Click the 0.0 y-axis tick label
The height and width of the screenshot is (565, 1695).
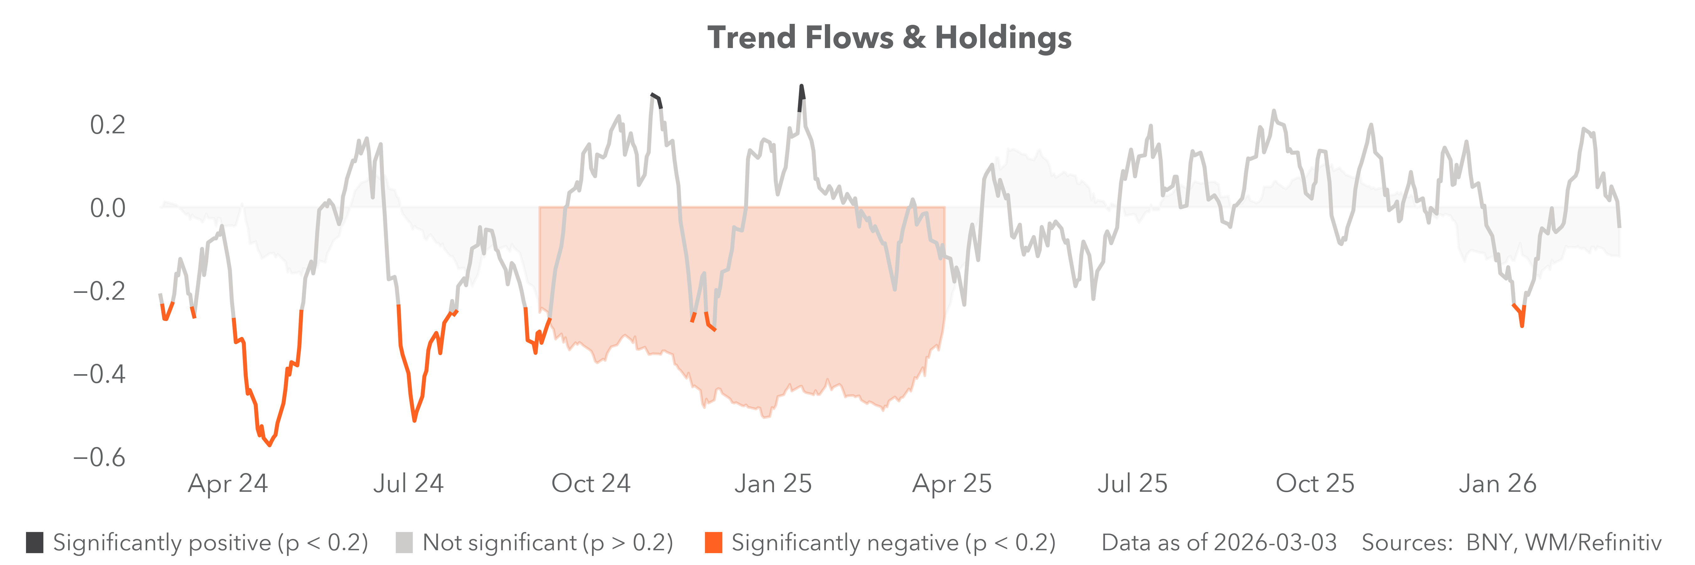[x=107, y=208]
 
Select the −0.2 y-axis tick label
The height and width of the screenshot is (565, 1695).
[x=99, y=291]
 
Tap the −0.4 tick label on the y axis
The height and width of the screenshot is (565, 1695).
[x=99, y=374]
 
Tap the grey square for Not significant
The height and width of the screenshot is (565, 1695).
[x=404, y=543]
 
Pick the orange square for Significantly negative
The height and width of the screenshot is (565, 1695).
[x=713, y=543]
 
